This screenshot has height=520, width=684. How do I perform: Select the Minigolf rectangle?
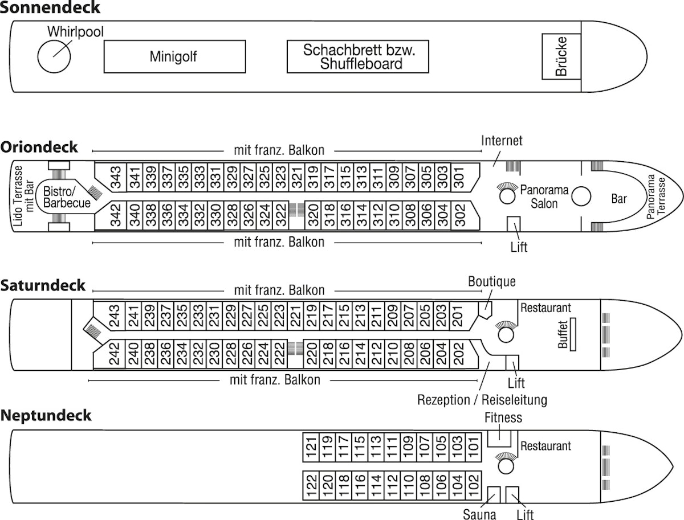pos(174,56)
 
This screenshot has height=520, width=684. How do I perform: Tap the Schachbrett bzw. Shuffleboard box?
pos(357,56)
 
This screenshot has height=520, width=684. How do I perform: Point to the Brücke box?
pos(561,56)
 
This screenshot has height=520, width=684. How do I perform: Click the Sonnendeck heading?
pos(50,8)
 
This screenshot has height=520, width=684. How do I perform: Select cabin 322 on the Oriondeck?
pos(282,214)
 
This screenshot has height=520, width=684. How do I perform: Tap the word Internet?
pos(502,140)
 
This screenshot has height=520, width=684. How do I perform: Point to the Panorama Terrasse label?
pos(655,196)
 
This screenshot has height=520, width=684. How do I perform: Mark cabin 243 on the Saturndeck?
pos(115,316)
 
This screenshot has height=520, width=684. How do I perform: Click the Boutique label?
pos(491,281)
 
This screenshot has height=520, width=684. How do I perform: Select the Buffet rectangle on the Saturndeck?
pos(573,334)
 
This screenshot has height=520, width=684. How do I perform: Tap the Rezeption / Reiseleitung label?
pos(482,399)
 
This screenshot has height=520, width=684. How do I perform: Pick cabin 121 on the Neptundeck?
pos(311,447)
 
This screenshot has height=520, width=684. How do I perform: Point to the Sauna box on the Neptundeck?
pos(494,494)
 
